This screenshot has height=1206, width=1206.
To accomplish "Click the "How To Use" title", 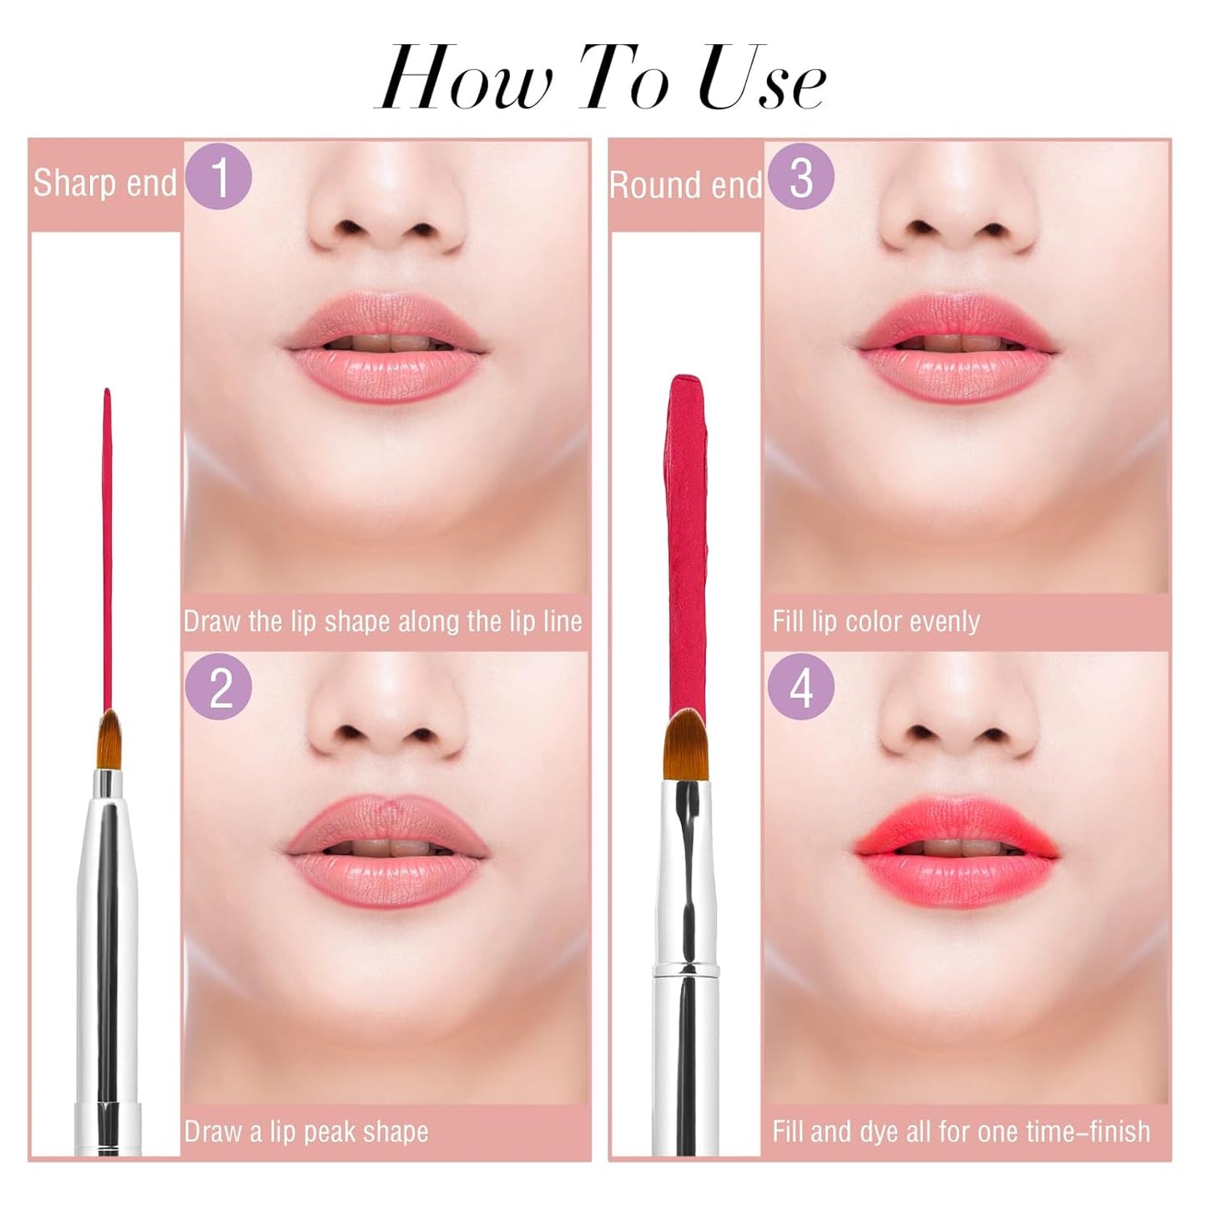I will point(601,79).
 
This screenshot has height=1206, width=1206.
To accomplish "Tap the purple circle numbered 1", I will point(219,176).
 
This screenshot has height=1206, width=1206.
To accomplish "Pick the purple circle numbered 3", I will point(800,176).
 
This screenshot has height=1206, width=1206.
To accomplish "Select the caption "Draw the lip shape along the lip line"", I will point(382,622).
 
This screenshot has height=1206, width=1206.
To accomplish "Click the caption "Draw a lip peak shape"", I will point(306,1132).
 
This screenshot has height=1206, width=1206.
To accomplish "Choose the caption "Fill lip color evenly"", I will point(875,622).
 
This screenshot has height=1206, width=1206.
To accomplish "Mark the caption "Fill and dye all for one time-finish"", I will point(961,1132).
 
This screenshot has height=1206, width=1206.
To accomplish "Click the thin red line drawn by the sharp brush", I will point(107,542).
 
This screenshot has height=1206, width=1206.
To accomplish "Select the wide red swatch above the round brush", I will point(687,542).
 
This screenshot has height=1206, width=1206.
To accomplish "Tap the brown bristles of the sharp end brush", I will point(108,739).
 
